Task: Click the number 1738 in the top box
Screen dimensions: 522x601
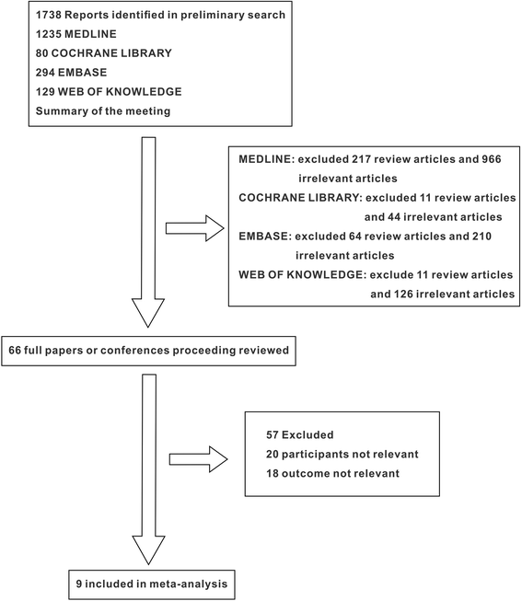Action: pyautogui.click(x=49, y=15)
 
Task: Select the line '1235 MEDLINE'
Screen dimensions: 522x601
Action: pyautogui.click(x=75, y=34)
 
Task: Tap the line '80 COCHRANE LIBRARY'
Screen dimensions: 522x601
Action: pyautogui.click(x=103, y=53)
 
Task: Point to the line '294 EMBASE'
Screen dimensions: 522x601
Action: pyautogui.click(x=71, y=73)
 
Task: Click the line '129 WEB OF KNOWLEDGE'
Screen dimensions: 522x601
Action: pyautogui.click(x=109, y=92)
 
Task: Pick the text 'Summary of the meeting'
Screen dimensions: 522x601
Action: pyautogui.click(x=103, y=111)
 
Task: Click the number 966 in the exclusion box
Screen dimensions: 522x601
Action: pyautogui.click(x=492, y=159)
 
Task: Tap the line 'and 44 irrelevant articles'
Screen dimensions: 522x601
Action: pyautogui.click(x=433, y=217)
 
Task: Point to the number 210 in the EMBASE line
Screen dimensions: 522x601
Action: pyautogui.click(x=481, y=237)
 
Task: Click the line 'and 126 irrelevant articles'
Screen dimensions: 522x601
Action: pyautogui.click(x=442, y=294)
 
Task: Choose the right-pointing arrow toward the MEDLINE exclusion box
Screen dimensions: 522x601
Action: pyautogui.click(x=195, y=228)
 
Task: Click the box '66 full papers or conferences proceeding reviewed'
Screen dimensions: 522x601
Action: pyautogui.click(x=148, y=351)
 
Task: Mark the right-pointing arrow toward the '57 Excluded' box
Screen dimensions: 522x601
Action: pyautogui.click(x=198, y=459)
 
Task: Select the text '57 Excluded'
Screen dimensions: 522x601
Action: pyautogui.click(x=300, y=435)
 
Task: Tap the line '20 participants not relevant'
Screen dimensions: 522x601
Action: pyautogui.click(x=342, y=454)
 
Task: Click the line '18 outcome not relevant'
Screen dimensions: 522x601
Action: pyautogui.click(x=332, y=473)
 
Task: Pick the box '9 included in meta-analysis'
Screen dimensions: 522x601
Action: pyautogui.click(x=152, y=584)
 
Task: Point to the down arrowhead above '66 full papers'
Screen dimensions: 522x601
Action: pyautogui.click(x=148, y=312)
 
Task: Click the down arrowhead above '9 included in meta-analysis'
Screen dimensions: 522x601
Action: pyautogui.click(x=148, y=550)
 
